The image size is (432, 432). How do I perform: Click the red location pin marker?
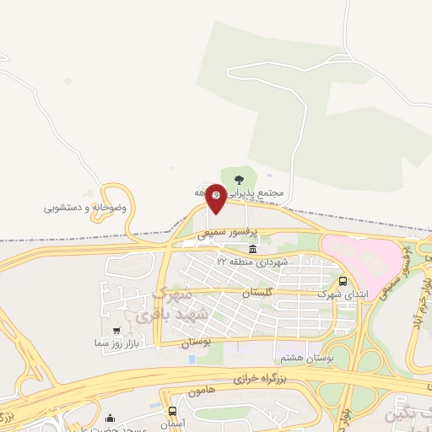coord(216,196)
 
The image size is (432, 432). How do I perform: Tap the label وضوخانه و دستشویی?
coord(86,207)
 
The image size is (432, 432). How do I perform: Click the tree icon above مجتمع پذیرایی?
coord(239,179)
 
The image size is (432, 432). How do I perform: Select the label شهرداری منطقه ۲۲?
coord(251,262)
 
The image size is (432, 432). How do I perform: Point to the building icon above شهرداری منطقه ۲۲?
coord(252,250)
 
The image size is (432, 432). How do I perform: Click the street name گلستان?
coord(259,292)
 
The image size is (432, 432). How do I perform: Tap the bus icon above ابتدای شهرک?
coord(343,282)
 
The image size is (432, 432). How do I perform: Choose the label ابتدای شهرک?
coord(335,294)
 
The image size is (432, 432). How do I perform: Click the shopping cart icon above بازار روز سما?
coord(116,331)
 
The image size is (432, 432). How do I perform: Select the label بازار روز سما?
coord(116,343)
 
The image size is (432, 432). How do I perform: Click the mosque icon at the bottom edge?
coord(111,418)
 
